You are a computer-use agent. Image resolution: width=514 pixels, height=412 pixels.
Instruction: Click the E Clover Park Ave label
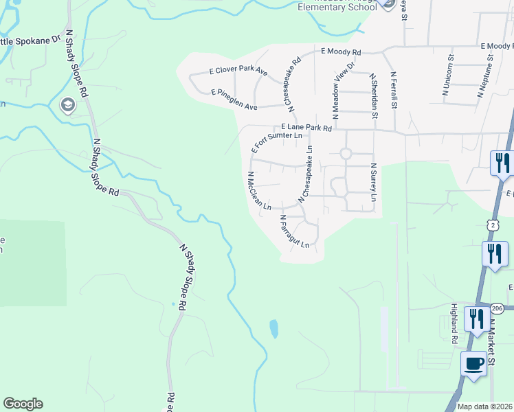pos(238,71)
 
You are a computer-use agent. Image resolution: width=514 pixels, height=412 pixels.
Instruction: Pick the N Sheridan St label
pos(374,97)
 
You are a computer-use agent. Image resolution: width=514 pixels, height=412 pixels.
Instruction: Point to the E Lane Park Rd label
pos(306,128)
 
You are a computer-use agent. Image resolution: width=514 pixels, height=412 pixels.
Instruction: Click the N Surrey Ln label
pos(373,182)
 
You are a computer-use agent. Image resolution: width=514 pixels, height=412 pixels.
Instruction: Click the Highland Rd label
pos(454,323)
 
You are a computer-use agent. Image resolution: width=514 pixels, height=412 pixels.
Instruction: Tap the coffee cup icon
pos(474,363)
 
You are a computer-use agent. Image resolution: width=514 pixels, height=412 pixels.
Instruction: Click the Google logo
pos(23,404)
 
